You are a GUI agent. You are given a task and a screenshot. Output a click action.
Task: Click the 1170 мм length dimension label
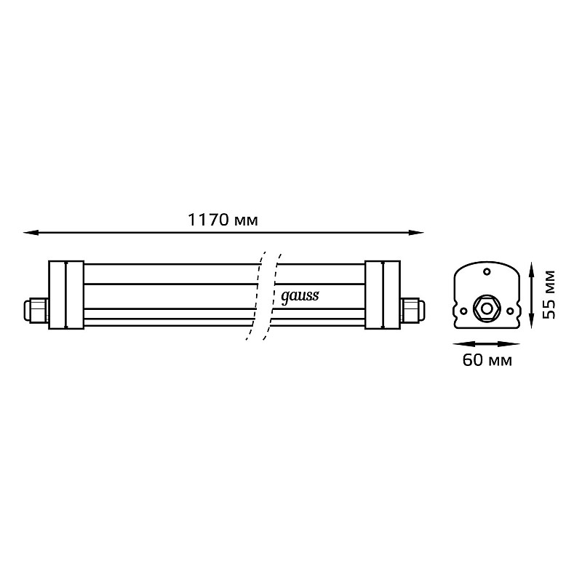coord(223,220)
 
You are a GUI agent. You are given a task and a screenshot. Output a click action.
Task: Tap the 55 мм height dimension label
coord(549,295)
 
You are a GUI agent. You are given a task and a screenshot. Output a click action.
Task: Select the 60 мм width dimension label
coord(487,360)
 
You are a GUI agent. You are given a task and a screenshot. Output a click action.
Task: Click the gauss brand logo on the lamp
coord(300,297)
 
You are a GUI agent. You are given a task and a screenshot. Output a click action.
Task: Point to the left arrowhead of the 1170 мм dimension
coord(31,233)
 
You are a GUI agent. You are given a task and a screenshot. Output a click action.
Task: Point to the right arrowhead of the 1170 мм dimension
coord(416,233)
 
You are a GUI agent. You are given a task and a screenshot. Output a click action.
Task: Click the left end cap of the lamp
coord(66,295)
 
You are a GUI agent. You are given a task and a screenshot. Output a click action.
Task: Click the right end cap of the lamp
coord(383,295)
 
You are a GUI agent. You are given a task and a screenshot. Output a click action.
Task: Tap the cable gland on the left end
coord(36,311)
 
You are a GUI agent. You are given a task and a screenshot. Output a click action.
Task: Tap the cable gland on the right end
coord(413,311)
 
